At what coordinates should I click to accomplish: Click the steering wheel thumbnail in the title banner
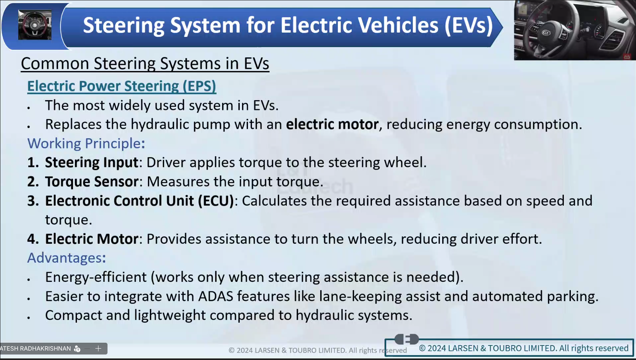[x=35, y=25]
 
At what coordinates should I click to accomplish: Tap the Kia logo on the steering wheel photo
[x=546, y=33]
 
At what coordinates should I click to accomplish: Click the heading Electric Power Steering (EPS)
[x=122, y=86]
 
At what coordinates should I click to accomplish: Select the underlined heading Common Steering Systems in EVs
[x=145, y=63]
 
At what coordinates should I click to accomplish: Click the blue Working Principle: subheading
[x=86, y=143]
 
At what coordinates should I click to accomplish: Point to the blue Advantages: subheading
[x=67, y=258]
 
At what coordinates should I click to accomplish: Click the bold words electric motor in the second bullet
[x=332, y=124]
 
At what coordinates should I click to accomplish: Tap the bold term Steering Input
[x=92, y=163]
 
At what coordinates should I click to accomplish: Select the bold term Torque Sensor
[x=92, y=181]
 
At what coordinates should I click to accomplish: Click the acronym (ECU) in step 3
[x=216, y=201]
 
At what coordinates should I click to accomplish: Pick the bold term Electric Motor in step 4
[x=92, y=239]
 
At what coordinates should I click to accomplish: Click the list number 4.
[x=33, y=239]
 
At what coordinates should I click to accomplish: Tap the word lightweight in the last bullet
[x=170, y=315]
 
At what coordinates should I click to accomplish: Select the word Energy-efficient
[x=96, y=277]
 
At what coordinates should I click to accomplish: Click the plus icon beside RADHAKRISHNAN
[x=98, y=348]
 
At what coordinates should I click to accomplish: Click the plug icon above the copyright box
[x=406, y=339]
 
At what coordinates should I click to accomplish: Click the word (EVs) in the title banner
[x=469, y=26]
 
